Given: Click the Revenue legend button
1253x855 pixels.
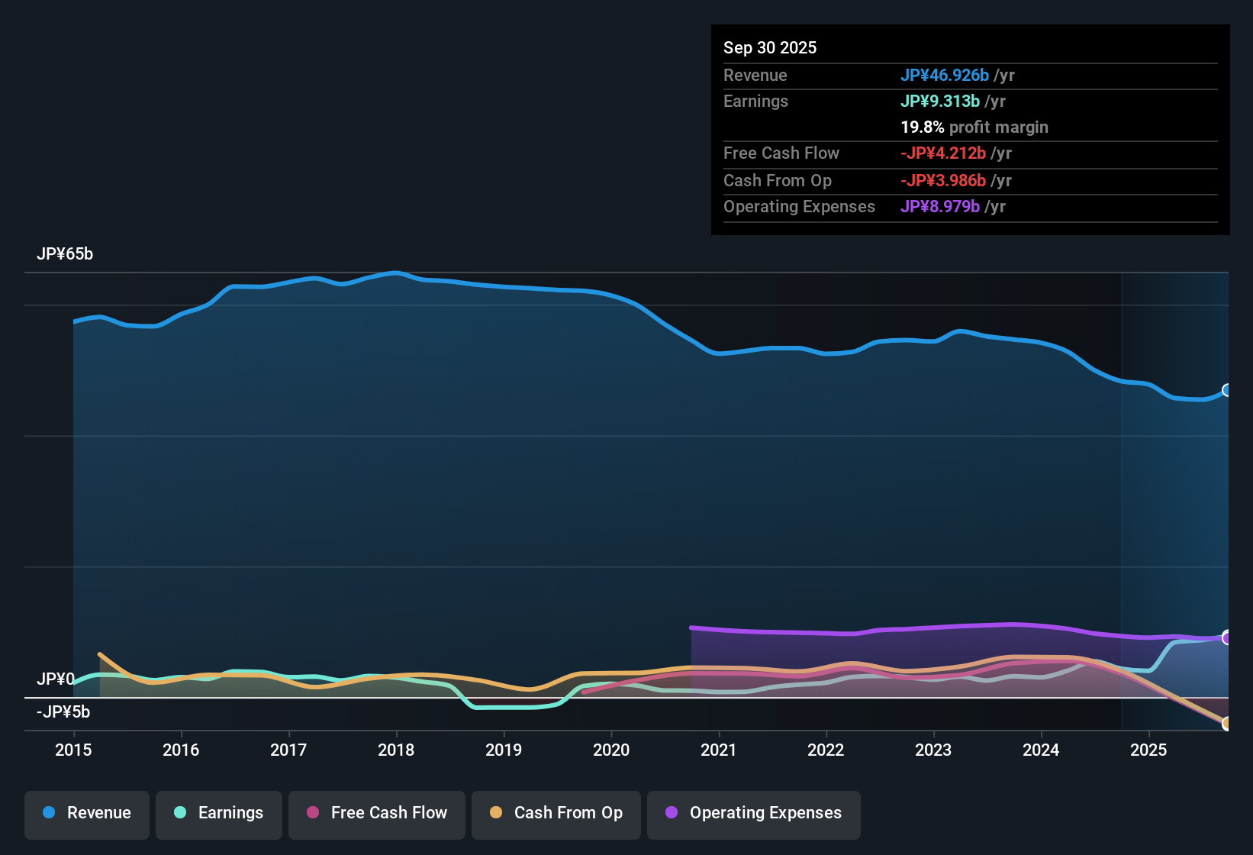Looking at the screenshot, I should point(87,813).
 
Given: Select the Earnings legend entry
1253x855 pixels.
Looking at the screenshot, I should point(219,813).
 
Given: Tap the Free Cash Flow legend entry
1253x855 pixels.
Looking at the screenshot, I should point(377,813).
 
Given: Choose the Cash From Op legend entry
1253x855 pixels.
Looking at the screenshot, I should point(556,813).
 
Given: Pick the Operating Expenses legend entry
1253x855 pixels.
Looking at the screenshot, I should point(754,813).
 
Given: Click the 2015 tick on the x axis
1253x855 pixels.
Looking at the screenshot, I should point(73,750).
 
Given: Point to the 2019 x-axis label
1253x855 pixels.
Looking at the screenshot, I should point(504,750).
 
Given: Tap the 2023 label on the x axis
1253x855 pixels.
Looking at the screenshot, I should point(933,750).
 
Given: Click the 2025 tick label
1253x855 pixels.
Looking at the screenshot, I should point(1148,750).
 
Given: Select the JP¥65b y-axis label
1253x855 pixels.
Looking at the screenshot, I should point(65,254).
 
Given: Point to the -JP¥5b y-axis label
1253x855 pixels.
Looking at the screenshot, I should point(63,712).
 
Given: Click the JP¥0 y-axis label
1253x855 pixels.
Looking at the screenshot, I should point(56,679).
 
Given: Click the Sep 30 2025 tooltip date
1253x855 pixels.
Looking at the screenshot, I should point(770,48).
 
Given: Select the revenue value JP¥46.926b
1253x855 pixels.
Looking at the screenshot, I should point(945,76).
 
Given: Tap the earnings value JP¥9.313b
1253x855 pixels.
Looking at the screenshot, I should point(940,102).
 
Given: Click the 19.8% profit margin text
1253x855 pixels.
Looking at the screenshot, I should point(974,127).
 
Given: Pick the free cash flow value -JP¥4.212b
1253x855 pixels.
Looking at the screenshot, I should point(943,153).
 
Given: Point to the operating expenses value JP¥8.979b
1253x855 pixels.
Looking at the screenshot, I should point(940,207).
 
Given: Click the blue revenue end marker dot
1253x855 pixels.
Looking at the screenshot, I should point(1227,390).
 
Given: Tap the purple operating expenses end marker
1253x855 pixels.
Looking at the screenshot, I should point(1227,637).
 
